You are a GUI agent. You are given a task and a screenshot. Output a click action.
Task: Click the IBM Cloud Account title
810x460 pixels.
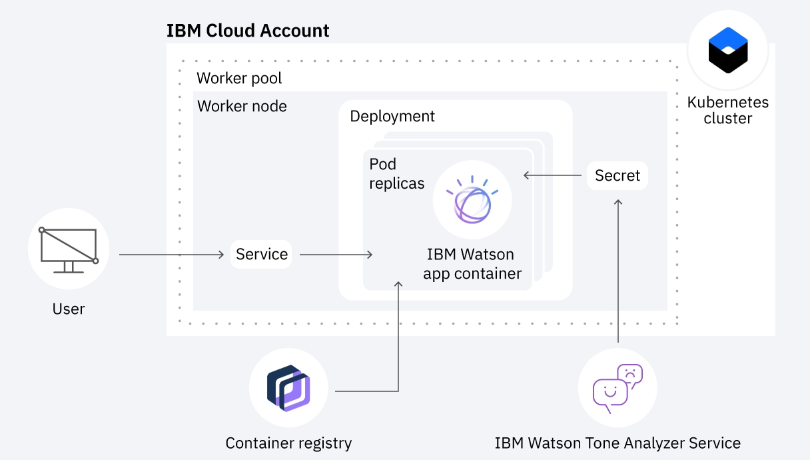click(248, 31)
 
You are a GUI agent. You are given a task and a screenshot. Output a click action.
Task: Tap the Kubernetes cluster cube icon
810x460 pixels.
click(727, 51)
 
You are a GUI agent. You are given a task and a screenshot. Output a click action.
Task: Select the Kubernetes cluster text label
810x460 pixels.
click(727, 111)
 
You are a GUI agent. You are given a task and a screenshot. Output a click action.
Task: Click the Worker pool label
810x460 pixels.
click(239, 78)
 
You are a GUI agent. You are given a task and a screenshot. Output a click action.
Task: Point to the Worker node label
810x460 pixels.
click(242, 106)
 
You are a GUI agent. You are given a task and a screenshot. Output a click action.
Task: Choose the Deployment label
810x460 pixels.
click(392, 116)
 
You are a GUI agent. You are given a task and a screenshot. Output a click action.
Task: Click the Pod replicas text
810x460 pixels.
click(396, 173)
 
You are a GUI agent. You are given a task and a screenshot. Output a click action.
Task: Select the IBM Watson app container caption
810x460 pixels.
click(472, 264)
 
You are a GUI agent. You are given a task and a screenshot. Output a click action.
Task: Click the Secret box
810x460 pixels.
click(617, 175)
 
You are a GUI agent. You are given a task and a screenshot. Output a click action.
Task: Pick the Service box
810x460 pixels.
click(261, 254)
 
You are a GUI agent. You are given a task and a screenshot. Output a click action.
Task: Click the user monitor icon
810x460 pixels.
click(69, 249)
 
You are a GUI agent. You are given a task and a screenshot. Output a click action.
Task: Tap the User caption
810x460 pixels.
click(69, 309)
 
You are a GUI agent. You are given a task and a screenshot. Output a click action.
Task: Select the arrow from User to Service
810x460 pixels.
click(171, 254)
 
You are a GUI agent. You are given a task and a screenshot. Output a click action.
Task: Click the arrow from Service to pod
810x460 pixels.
click(336, 254)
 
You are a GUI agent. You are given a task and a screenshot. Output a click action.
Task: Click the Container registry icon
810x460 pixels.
click(288, 387)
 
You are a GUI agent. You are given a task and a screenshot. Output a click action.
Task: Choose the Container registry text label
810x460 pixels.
click(288, 443)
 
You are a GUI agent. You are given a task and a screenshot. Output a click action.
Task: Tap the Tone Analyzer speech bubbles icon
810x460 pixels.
click(617, 387)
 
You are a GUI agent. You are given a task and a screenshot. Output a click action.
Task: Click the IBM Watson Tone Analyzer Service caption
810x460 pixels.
click(617, 443)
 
